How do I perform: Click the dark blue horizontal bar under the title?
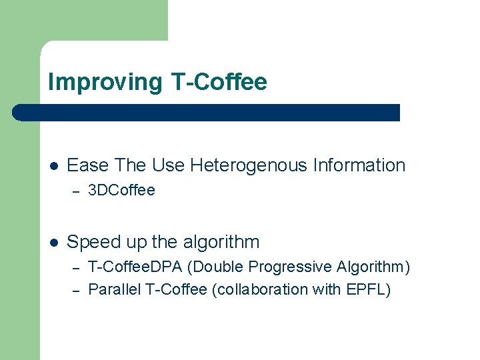[x=207, y=113]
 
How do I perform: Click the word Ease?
[x=88, y=165]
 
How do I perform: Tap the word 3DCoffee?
[x=121, y=191]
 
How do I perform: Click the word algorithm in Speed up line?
[x=221, y=242]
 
